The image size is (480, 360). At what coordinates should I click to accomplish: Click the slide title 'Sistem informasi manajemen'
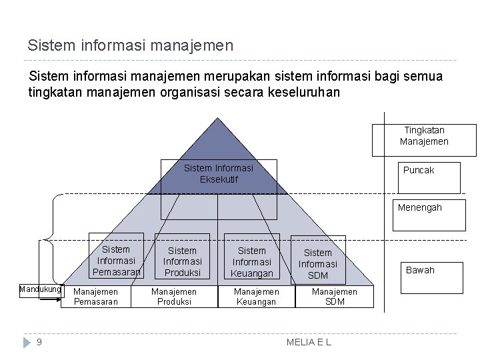coord(131,45)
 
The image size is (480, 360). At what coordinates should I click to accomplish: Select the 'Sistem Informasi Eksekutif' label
coord(219,173)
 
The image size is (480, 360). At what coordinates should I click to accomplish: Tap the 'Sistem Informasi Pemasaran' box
coord(116,260)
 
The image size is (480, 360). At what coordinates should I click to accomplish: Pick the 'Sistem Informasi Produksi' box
coord(182,261)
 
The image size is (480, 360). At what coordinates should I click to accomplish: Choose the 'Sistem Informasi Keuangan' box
coord(251,261)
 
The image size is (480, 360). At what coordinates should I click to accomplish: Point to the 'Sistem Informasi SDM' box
coord(318,263)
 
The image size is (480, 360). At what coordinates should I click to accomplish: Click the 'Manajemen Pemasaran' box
coord(95,297)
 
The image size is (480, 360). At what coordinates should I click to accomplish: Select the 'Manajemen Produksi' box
coord(174,297)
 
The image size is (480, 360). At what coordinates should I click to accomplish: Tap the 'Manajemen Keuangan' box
coord(257,297)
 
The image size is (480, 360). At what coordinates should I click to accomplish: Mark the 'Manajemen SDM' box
coord(335,297)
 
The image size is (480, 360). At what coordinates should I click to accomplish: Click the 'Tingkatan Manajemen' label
coord(424,135)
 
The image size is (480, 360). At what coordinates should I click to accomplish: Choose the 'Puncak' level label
coord(419,171)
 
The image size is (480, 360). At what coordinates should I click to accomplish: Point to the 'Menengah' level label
coord(420,208)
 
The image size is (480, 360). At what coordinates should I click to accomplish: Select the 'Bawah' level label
coord(420,270)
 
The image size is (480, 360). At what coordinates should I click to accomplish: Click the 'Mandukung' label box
coord(40,290)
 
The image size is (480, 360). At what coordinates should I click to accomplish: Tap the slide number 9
coord(39,342)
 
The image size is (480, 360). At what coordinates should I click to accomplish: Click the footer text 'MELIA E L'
coord(309,342)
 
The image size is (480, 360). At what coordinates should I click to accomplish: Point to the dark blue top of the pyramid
coord(217,143)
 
